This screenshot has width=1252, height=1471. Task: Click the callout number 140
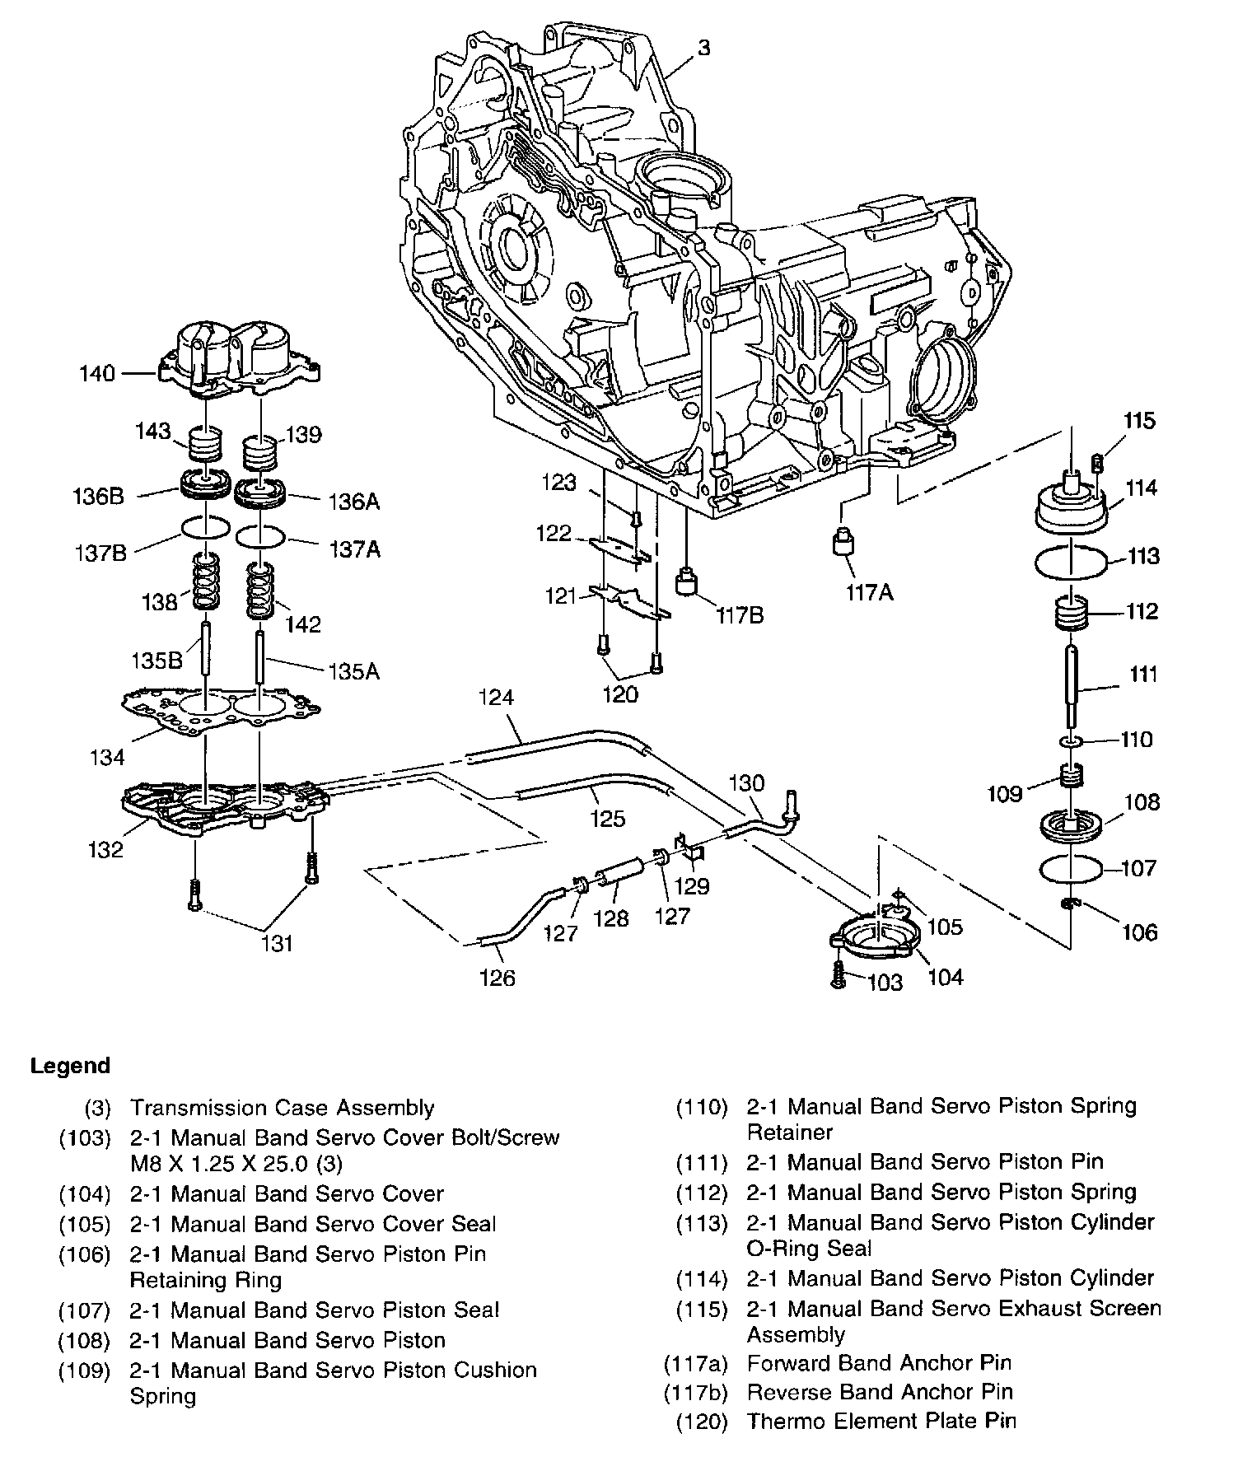tap(97, 374)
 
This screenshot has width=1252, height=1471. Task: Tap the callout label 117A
tap(868, 591)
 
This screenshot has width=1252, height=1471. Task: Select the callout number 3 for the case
tap(703, 49)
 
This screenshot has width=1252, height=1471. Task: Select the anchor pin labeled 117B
tap(687, 582)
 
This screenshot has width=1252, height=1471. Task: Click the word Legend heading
tap(70, 1066)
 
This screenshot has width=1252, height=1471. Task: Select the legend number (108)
tap(84, 1340)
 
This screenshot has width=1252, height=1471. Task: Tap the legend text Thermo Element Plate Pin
tap(881, 1421)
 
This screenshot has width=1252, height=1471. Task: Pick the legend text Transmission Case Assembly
tap(282, 1108)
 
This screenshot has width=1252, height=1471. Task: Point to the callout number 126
tap(497, 978)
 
